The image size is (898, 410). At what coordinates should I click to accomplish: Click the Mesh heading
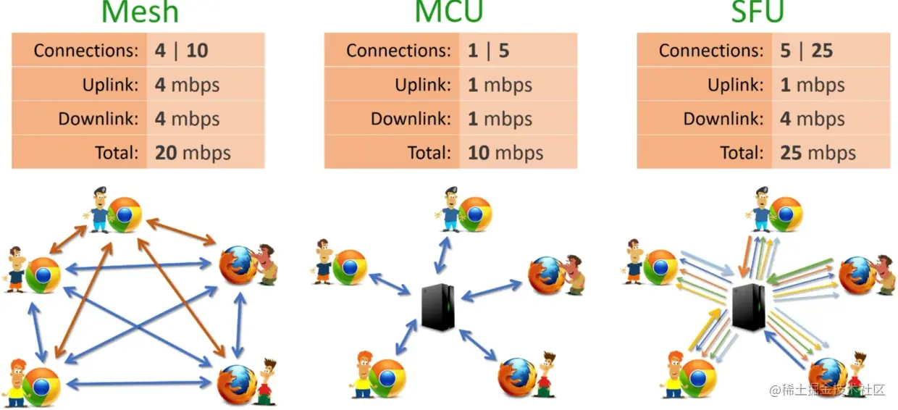coord(140,12)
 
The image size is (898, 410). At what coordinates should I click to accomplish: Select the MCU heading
coord(449,12)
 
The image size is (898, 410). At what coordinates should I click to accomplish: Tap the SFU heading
coord(758,12)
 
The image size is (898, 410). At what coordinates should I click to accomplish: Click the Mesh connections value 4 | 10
coord(181,51)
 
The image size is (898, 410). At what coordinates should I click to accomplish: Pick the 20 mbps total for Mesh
coord(193,153)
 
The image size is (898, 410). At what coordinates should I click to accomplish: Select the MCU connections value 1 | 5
coord(489,51)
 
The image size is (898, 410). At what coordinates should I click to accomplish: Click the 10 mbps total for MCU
coord(505,153)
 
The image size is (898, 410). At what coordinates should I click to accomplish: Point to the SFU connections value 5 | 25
coord(806,51)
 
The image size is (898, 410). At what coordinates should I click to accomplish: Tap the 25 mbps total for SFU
coord(818,153)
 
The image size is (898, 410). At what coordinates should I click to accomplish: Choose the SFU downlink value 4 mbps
coord(813,119)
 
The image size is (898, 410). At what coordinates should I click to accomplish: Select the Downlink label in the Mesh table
coord(98,119)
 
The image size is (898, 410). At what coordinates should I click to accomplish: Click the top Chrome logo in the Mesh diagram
coord(125,214)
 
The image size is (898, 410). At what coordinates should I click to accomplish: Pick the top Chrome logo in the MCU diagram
coord(475,214)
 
